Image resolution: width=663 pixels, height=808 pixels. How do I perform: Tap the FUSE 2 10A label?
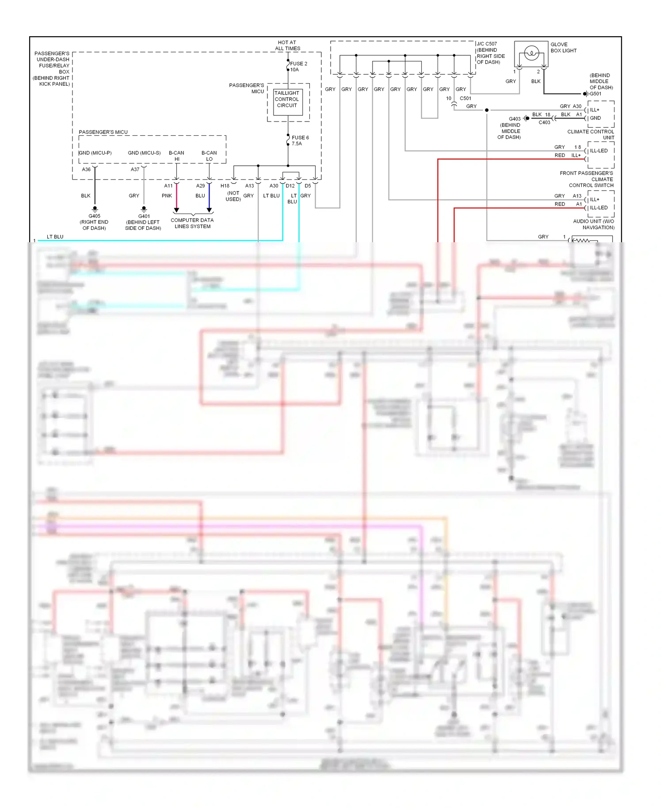pyautogui.click(x=298, y=67)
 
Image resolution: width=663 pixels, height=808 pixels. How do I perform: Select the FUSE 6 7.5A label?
pyautogui.click(x=300, y=141)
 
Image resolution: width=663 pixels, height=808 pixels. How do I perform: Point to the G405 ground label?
pyautogui.click(x=94, y=216)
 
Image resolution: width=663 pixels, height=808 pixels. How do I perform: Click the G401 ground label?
pyautogui.click(x=144, y=216)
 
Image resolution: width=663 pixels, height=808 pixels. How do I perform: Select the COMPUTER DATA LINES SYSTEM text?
pyautogui.click(x=192, y=223)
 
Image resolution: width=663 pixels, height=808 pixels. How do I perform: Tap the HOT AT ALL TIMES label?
pyautogui.click(x=287, y=46)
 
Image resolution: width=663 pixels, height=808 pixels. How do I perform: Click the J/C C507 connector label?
pyautogui.click(x=487, y=44)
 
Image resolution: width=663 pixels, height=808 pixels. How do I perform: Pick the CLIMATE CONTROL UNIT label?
pyautogui.click(x=591, y=134)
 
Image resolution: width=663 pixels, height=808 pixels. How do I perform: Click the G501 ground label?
pyautogui.click(x=596, y=94)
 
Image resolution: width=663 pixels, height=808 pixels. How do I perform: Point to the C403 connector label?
pyautogui.click(x=544, y=122)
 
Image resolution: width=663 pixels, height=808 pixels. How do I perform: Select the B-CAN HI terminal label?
pyautogui.click(x=176, y=156)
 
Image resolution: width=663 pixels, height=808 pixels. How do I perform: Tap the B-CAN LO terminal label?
pyautogui.click(x=209, y=156)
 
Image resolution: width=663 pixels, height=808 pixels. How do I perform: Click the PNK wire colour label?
pyautogui.click(x=167, y=196)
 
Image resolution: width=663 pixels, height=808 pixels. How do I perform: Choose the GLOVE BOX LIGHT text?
pyautogui.click(x=563, y=47)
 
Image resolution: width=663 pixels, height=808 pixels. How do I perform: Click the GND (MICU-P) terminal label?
pyautogui.click(x=95, y=153)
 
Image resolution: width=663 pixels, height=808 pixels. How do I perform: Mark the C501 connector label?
pyautogui.click(x=465, y=99)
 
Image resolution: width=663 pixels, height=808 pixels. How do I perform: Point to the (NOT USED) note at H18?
pyautogui.click(x=233, y=196)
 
